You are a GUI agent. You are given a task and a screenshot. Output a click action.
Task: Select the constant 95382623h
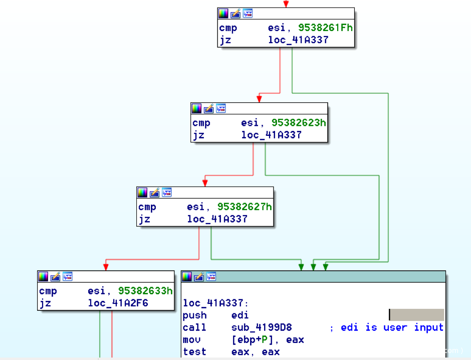click(299, 123)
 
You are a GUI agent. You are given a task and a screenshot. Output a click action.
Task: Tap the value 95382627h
click(245, 207)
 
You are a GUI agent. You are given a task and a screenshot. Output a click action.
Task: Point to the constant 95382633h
click(146, 291)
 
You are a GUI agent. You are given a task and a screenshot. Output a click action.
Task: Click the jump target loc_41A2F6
click(118, 303)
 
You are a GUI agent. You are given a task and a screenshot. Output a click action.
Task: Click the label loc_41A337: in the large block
click(216, 303)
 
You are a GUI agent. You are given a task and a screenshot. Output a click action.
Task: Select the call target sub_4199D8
click(262, 327)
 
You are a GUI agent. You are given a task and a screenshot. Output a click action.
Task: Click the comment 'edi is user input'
click(392, 327)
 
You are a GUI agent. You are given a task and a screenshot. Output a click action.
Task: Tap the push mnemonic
click(195, 315)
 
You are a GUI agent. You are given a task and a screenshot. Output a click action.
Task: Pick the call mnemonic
click(195, 327)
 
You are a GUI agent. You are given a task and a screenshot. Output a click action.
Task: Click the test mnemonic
click(195, 351)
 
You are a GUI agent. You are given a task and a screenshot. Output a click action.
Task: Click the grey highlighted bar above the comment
click(416, 315)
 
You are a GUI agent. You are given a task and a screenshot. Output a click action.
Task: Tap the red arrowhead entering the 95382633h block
click(106, 267)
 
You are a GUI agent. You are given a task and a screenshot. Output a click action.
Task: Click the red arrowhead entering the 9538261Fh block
click(286, 4)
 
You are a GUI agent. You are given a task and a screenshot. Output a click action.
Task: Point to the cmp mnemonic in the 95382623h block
click(201, 123)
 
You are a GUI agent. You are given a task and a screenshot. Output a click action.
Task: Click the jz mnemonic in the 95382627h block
click(144, 219)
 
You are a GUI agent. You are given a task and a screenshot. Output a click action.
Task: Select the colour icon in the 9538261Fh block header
click(223, 14)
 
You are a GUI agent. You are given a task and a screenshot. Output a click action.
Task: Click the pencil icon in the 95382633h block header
click(55, 276)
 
